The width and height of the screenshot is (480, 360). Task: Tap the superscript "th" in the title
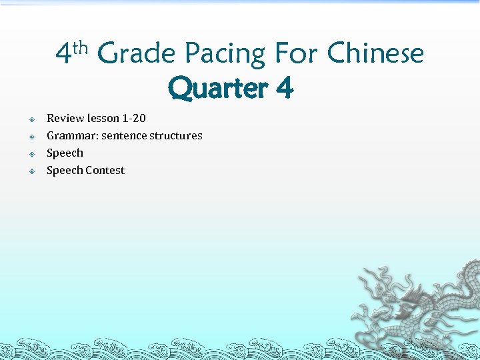click(81, 47)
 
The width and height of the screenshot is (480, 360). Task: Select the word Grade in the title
click(137, 53)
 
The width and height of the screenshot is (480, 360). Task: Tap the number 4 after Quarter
click(282, 88)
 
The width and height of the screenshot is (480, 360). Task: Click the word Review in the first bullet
click(65, 118)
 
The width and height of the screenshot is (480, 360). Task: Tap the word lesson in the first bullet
click(103, 118)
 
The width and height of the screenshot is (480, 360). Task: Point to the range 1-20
click(134, 118)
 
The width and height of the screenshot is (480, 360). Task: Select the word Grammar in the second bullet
click(72, 135)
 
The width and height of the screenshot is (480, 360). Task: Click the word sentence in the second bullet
click(124, 135)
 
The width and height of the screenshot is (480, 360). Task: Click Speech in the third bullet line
click(65, 153)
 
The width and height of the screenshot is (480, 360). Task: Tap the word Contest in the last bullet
click(105, 170)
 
